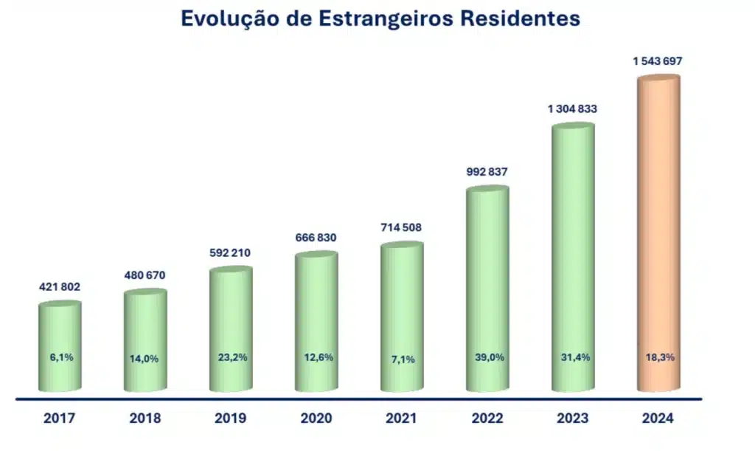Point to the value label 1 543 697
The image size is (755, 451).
(658, 61)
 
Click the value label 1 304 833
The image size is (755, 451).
(572, 109)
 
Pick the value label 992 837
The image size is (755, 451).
(487, 172)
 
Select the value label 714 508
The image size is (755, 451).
(402, 227)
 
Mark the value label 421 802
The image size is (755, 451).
(60, 287)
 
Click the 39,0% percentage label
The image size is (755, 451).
(487, 357)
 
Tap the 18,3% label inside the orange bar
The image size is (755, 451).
(658, 357)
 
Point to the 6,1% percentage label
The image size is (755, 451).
(61, 357)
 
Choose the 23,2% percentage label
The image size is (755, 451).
(232, 357)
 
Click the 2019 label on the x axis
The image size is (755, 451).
(231, 419)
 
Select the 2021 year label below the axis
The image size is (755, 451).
(402, 419)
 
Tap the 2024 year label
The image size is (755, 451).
(658, 419)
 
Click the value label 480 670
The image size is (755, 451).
(145, 275)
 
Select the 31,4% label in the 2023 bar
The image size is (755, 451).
(573, 357)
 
